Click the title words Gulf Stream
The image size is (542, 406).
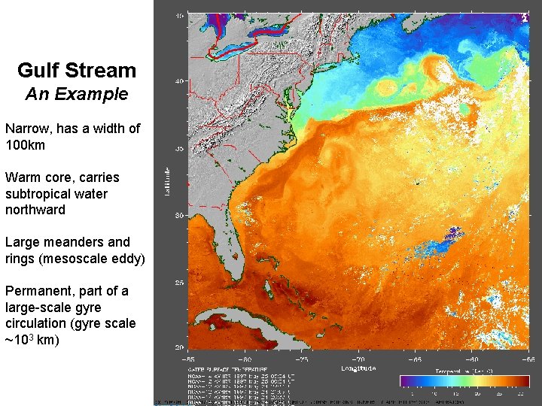[x=77, y=71]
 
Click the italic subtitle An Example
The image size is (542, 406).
[x=77, y=95]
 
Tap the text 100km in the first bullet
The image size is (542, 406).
[x=25, y=144]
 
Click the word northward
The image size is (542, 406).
[x=35, y=210]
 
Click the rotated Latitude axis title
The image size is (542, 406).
[x=167, y=183]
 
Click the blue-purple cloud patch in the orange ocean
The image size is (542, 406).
[x=444, y=242]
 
